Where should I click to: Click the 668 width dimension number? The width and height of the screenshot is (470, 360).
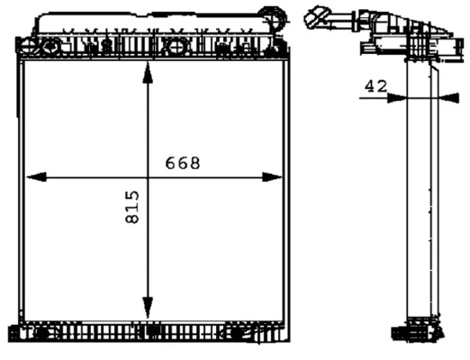click(x=182, y=163)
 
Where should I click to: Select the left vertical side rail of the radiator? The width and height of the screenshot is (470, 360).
click(x=23, y=180)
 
